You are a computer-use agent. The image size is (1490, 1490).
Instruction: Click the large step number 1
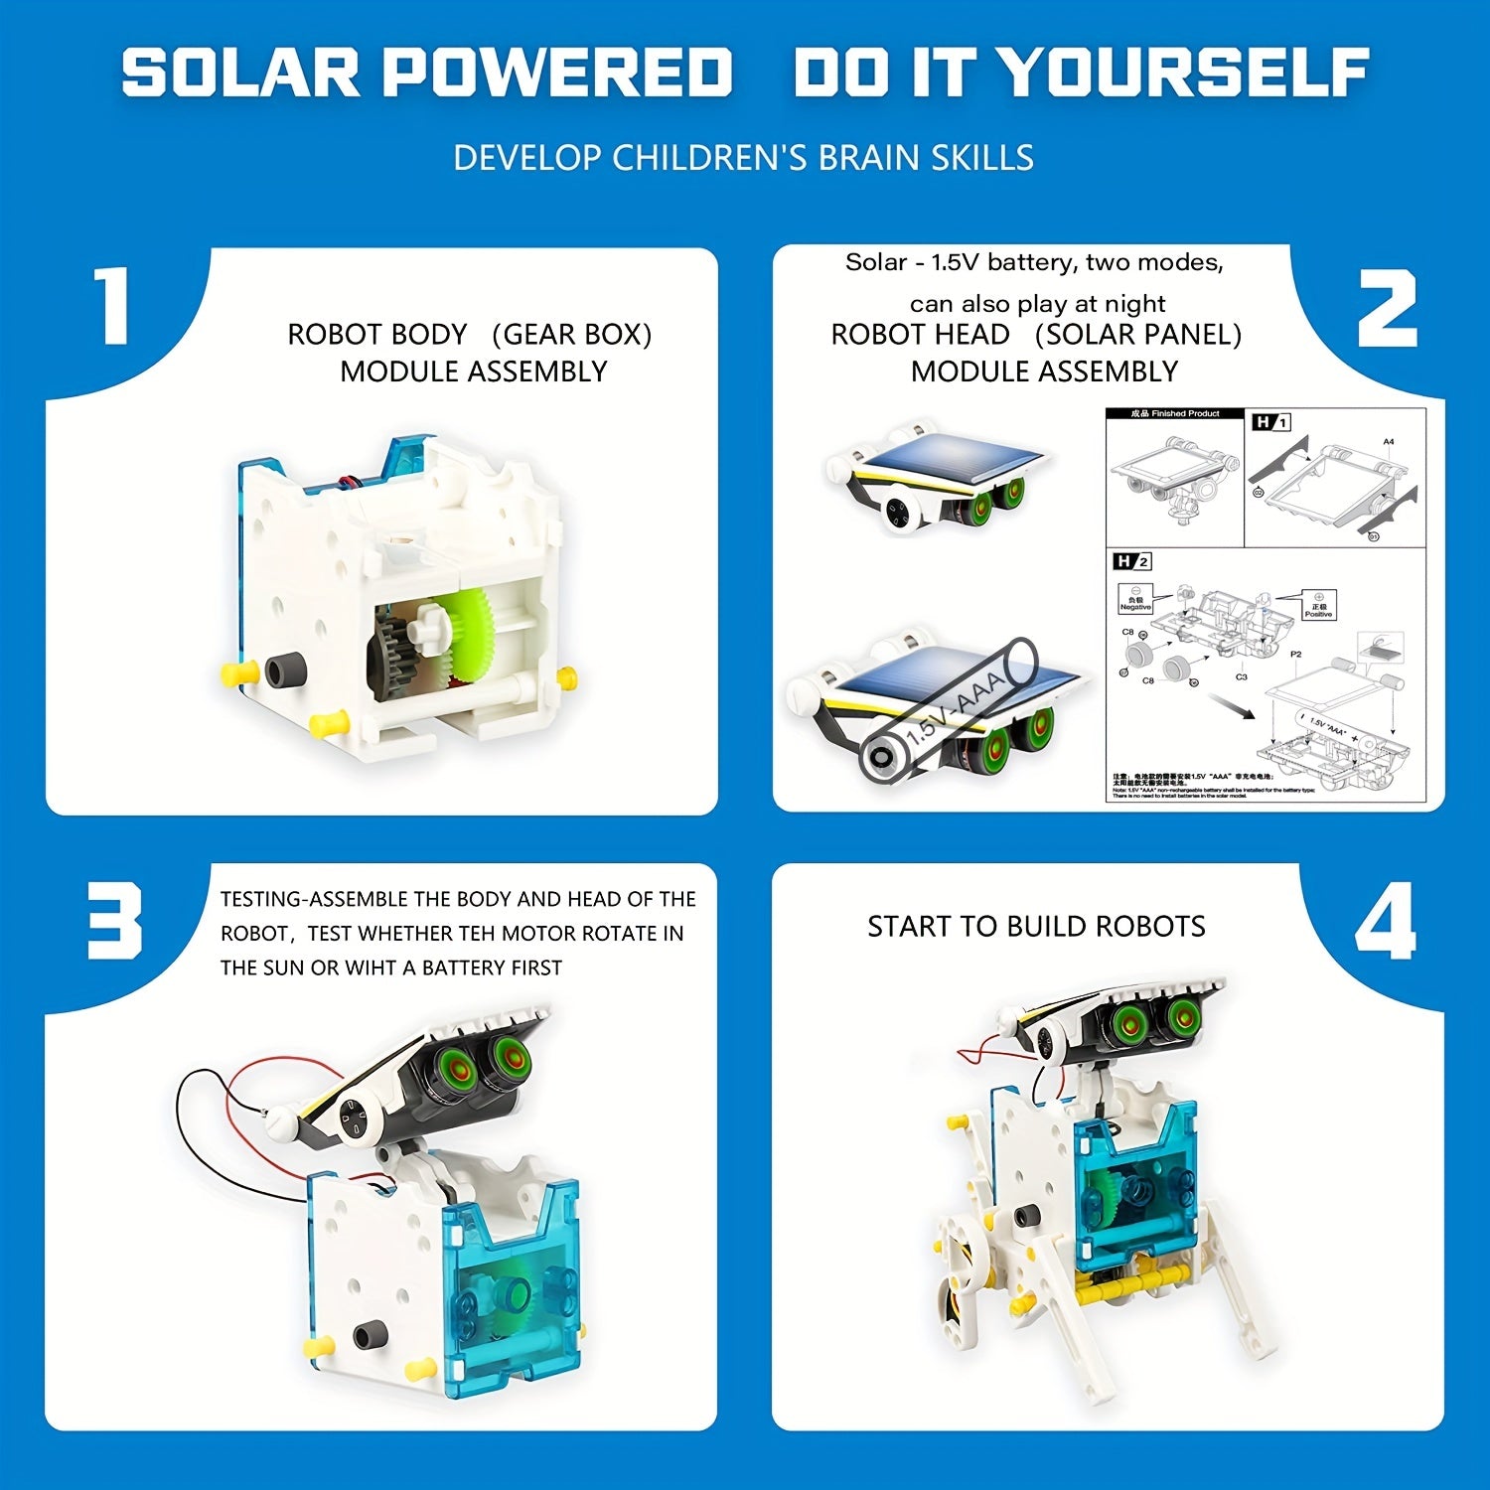pyautogui.click(x=111, y=306)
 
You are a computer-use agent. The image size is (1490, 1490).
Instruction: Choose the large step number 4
pyautogui.click(x=1385, y=922)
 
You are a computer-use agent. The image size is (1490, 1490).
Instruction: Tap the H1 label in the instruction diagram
pyautogui.click(x=1269, y=422)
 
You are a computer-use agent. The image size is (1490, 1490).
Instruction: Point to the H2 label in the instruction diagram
pyautogui.click(x=1132, y=562)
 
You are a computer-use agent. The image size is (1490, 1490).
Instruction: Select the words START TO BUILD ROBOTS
pyautogui.click(x=1036, y=927)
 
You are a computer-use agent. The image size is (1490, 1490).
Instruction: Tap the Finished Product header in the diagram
pyautogui.click(x=1175, y=413)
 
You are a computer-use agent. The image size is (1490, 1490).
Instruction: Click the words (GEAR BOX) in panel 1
pyautogui.click(x=572, y=335)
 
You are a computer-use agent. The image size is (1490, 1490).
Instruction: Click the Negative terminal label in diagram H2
pyautogui.click(x=1134, y=604)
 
